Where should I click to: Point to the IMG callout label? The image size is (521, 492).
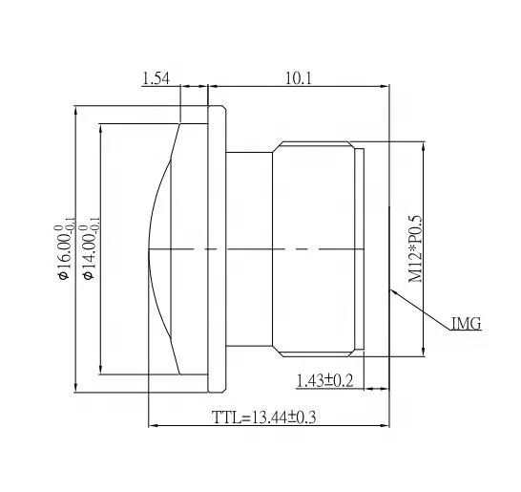coord(466,325)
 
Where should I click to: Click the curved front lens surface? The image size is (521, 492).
coord(156,248)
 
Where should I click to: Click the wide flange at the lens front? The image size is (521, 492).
coord(217,248)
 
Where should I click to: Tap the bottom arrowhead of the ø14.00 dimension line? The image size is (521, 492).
coord(100,371)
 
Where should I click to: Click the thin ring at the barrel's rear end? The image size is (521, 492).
coord(360,248)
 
